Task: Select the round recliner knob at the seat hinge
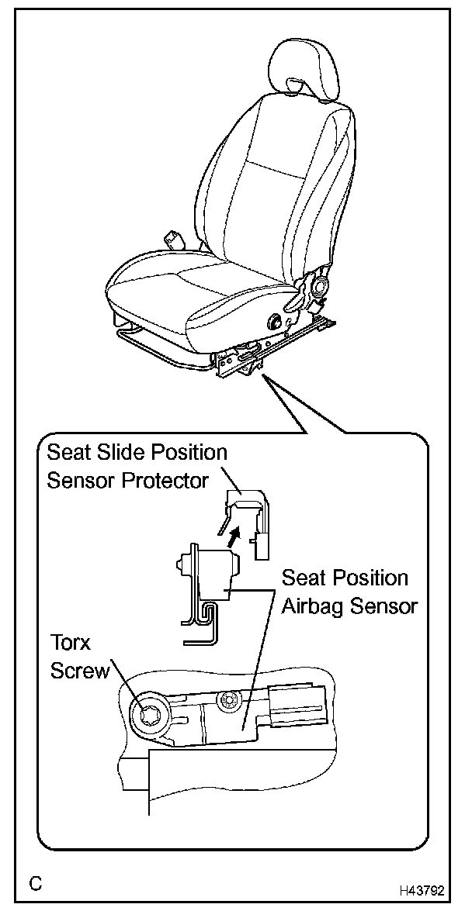318,286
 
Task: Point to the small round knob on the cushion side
275,319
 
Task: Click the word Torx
71,643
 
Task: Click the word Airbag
309,606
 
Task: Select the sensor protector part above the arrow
247,508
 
